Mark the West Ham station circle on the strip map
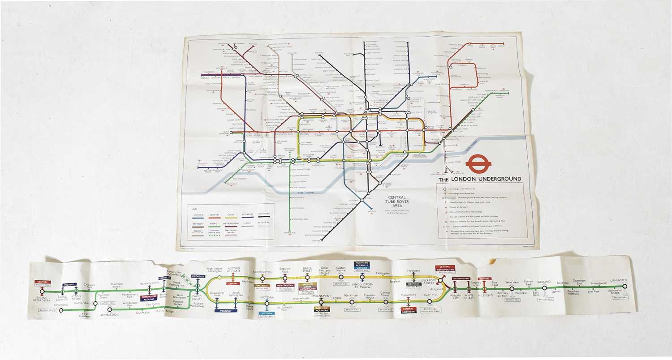coord(512,289)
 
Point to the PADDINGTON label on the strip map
coord(263,272)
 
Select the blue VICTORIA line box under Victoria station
coord(267,313)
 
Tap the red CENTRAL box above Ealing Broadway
coord(43,282)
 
